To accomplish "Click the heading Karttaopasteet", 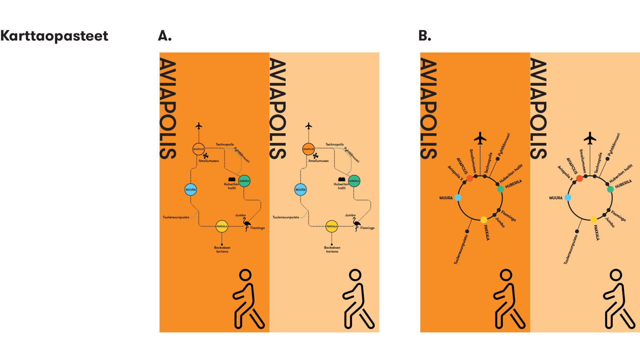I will coord(54,36).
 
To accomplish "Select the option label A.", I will coord(165,36).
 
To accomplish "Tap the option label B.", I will coord(425,36).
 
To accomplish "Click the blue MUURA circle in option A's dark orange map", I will coord(191,190).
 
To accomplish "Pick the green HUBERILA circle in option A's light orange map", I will coord(354,181).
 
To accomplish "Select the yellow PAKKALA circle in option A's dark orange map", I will coord(222,226).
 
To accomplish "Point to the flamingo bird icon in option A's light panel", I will coord(356,224).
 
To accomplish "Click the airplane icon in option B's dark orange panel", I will coord(480,138).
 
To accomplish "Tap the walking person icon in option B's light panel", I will coord(619,299).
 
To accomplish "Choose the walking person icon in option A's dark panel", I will coord(248,299).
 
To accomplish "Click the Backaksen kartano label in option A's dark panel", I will coord(222,250).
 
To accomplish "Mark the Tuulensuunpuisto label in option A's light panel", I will coord(286,217).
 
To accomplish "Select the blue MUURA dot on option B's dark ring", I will coord(458,198).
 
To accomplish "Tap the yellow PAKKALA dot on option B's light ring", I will coord(594,220).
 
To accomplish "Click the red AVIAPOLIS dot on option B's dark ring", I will coord(470,178).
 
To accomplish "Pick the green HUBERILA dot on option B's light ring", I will coord(610,189).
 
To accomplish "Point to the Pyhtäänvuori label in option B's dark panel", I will coord(504,144).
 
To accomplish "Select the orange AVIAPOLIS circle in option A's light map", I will coord(308,149).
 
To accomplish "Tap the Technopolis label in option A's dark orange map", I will coord(225,144).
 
